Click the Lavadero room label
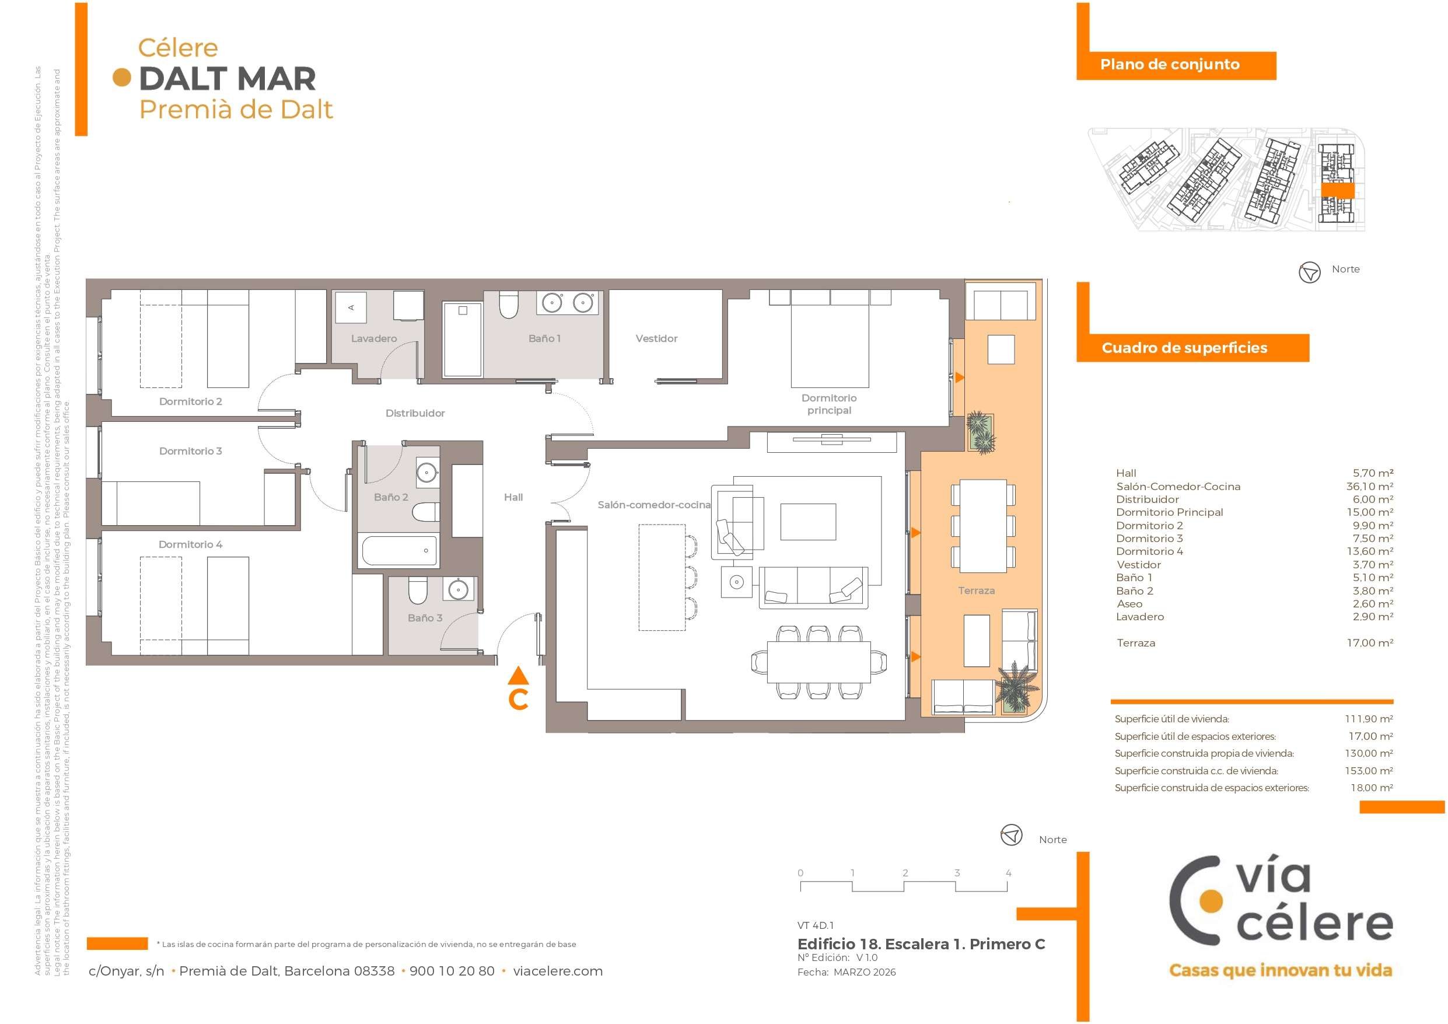(374, 339)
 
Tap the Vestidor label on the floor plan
(656, 339)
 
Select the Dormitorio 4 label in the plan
(190, 544)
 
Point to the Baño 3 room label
(425, 618)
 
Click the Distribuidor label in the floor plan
(415, 413)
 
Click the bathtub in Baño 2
(399, 550)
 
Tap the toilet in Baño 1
(508, 305)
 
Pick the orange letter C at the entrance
(519, 700)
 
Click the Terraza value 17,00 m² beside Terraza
(1370, 643)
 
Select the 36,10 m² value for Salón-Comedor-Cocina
(1370, 487)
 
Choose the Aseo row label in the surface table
(1129, 604)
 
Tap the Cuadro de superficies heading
(1184, 348)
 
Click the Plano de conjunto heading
(1170, 64)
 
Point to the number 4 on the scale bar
(1009, 873)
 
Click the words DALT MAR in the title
(227, 79)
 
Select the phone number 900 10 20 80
(452, 971)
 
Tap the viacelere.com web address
(558, 971)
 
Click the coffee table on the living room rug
(809, 522)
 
